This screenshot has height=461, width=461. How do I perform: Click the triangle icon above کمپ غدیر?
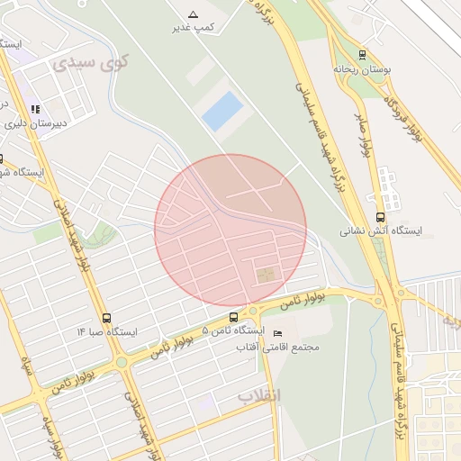[x=193, y=14]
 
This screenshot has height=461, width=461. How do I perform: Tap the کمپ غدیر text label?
[x=194, y=28]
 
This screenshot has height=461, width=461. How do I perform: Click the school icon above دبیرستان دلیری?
[x=35, y=110]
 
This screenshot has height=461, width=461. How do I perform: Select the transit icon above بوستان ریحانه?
[x=362, y=54]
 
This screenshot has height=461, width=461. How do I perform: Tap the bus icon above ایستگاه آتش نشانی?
[x=380, y=217]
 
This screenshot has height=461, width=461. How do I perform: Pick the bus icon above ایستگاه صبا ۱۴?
[x=107, y=318]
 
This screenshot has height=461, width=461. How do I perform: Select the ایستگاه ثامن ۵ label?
[x=230, y=331]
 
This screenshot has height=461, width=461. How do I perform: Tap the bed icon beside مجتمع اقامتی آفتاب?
[x=277, y=334]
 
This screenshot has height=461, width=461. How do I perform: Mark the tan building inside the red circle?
[x=265, y=275]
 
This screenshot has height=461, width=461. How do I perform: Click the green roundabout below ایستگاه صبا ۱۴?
[x=122, y=362]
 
